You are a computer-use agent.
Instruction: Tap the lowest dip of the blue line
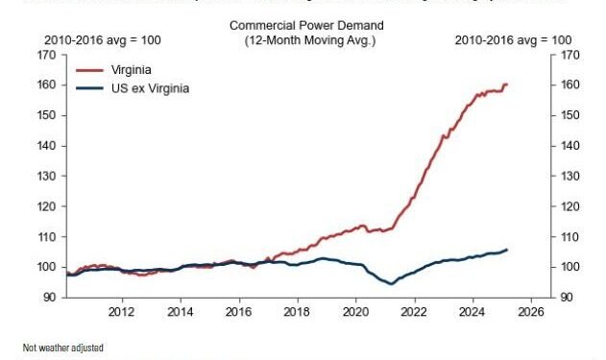point(391,283)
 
